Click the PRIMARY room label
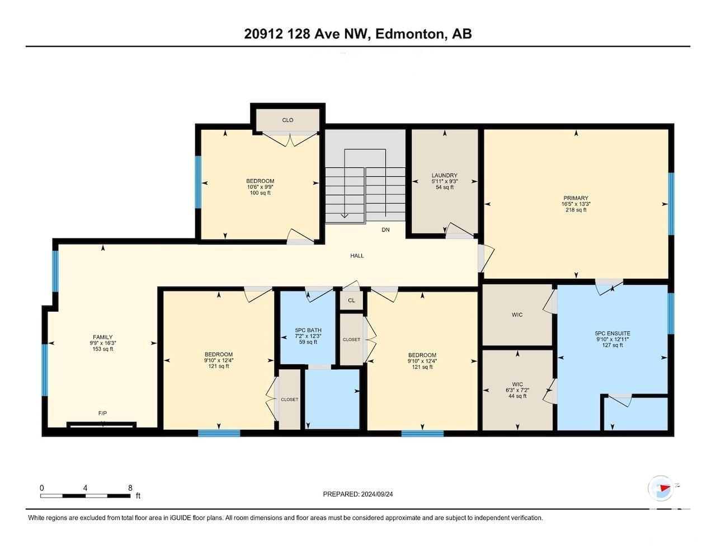point(576,198)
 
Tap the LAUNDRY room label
point(445,175)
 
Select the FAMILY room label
point(103,337)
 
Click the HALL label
point(357,255)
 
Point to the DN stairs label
point(385,229)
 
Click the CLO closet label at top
point(288,120)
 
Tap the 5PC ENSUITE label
point(612,333)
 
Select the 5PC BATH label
point(308,330)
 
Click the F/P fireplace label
point(103,414)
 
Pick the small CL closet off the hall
point(352,301)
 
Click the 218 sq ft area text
point(576,210)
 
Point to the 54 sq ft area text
point(445,187)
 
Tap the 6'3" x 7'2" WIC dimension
point(517,390)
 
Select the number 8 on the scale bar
point(130,488)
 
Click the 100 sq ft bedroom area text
point(260,193)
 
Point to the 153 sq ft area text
point(103,349)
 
